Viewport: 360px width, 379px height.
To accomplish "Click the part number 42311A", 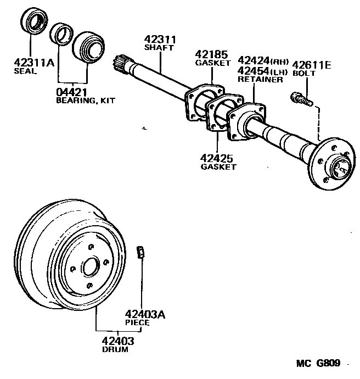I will (x=34, y=63).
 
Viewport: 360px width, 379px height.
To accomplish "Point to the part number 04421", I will (x=72, y=92).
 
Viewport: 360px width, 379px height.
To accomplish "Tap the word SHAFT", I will (x=159, y=48).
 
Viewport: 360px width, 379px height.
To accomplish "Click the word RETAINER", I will (x=260, y=79).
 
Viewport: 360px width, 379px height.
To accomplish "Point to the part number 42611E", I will (x=312, y=65).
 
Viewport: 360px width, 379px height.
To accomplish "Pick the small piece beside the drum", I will (x=140, y=253).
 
